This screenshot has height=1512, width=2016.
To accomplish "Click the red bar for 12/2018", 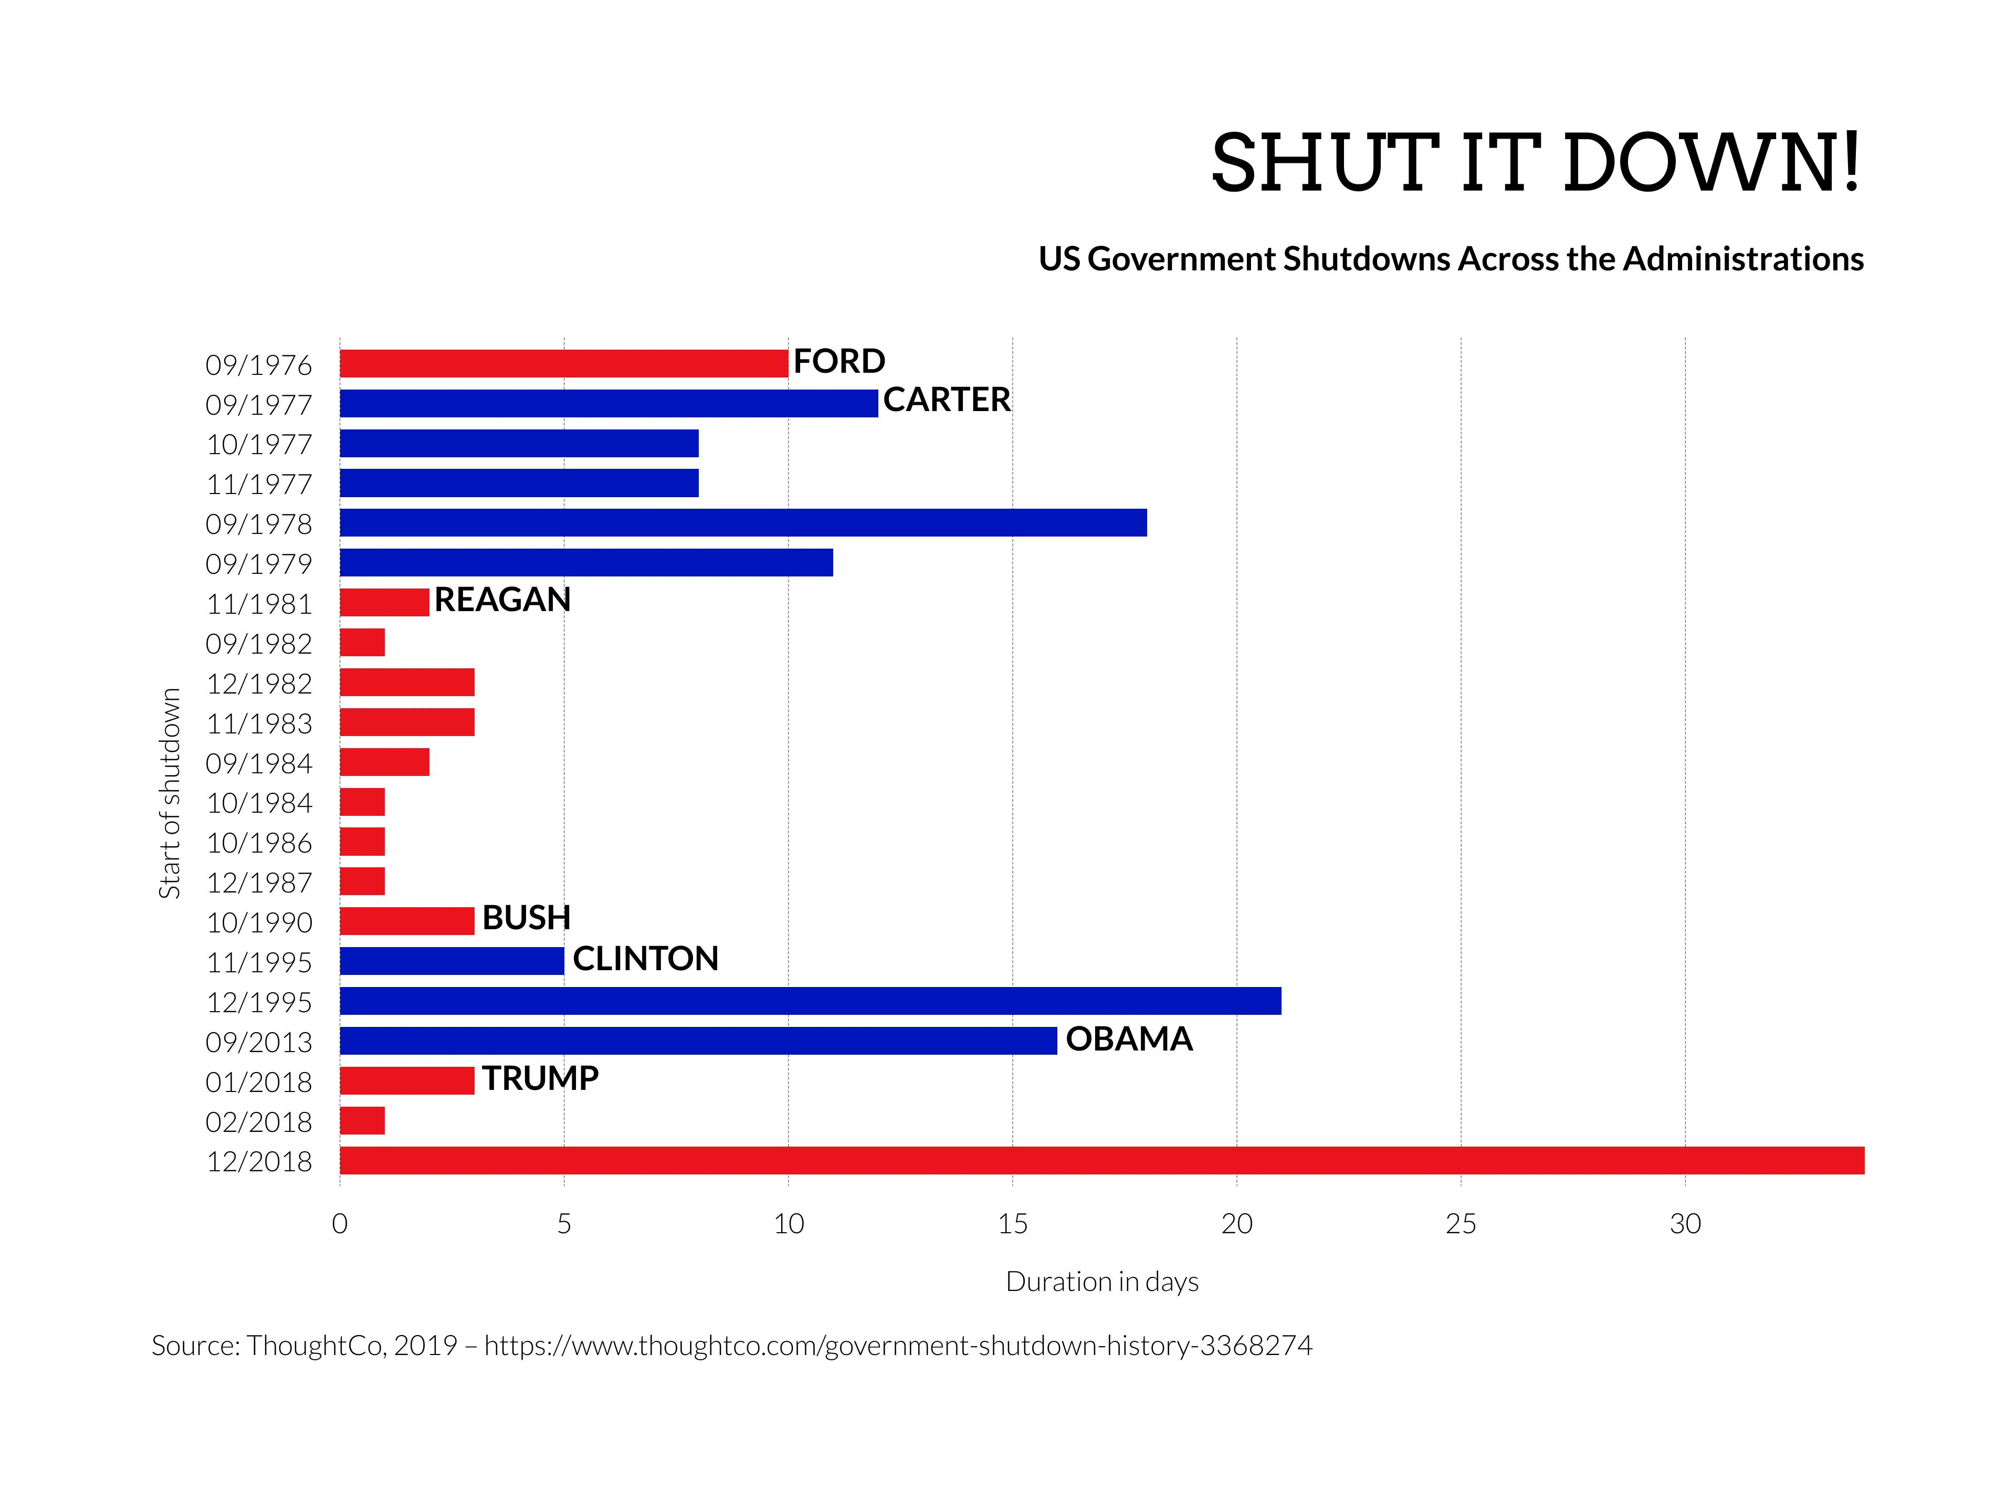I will pyautogui.click(x=1101, y=1160).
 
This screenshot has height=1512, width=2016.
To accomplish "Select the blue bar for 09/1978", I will pyautogui.click(x=743, y=523).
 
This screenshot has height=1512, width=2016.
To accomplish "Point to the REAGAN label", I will pyautogui.click(x=502, y=600).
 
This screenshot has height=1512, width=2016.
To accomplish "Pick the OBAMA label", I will pyautogui.click(x=1128, y=1039).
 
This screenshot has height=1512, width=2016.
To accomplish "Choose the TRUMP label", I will pyautogui.click(x=540, y=1079).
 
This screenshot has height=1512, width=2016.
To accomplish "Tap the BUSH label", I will pyautogui.click(x=526, y=918).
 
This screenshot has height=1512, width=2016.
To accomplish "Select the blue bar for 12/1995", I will pyautogui.click(x=810, y=1001).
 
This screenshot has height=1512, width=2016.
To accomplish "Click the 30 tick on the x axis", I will pyautogui.click(x=1684, y=1224).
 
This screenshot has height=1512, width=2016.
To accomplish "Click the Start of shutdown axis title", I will pyautogui.click(x=170, y=793).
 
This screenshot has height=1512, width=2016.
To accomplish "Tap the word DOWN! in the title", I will pyautogui.click(x=1711, y=163).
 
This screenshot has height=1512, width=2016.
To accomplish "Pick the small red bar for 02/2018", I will pyautogui.click(x=362, y=1121).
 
